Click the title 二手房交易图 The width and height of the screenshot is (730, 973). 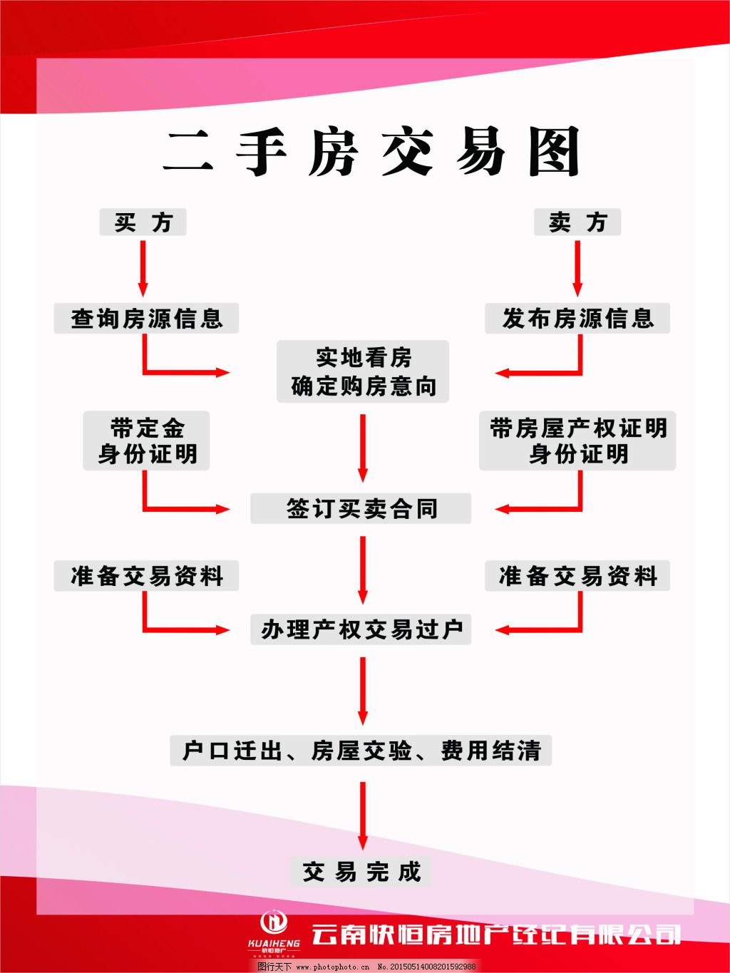tap(371, 153)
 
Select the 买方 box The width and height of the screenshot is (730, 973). tap(143, 222)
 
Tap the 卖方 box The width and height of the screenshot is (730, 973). tap(577, 222)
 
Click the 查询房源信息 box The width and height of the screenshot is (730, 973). tap(146, 318)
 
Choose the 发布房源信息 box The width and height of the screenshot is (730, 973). tap(577, 318)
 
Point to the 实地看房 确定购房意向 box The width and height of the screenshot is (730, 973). tap(363, 371)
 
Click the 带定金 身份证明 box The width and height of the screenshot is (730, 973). tap(146, 441)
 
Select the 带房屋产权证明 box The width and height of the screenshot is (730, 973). tap(577, 441)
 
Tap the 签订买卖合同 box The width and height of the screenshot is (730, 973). tap(361, 508)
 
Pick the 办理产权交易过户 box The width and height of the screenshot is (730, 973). tap(361, 629)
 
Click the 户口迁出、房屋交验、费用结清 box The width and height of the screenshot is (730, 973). tap(361, 751)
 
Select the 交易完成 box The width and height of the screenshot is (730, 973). tap(361, 871)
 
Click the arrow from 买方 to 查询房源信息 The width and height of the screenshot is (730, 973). tap(143, 267)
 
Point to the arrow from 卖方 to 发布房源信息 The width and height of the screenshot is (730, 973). tap(577, 267)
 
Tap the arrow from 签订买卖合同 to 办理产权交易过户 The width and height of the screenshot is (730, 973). tap(363, 569)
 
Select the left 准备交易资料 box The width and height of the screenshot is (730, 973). tap(146, 575)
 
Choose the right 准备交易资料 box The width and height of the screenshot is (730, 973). tap(577, 575)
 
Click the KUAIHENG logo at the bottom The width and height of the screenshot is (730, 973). tap(274, 930)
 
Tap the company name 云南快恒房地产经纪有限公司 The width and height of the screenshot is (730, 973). tap(495, 933)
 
